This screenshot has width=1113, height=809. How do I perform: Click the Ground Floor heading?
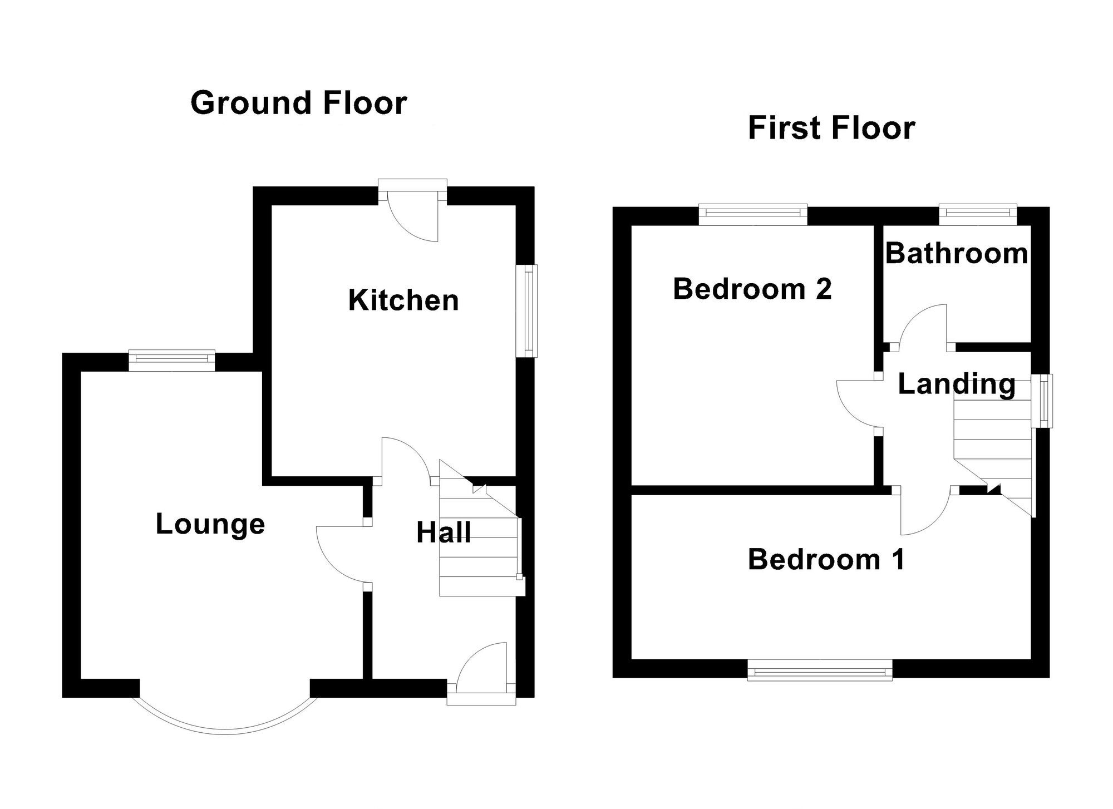tap(299, 103)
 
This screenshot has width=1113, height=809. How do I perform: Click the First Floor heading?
tap(831, 128)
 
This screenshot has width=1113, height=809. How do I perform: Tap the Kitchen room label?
tap(403, 300)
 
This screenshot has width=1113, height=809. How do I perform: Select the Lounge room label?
tap(210, 524)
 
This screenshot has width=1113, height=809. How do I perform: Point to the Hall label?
tap(444, 533)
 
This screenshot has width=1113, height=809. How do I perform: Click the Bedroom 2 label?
tap(752, 289)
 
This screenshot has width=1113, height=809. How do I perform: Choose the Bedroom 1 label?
tap(826, 560)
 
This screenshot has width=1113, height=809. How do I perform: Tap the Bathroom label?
tap(956, 254)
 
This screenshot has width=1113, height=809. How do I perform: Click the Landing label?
tap(957, 384)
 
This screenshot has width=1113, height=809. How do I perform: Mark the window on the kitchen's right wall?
tap(526, 310)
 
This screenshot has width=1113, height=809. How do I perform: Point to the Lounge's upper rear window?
tap(171, 360)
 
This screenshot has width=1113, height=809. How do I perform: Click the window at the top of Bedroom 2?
tap(752, 215)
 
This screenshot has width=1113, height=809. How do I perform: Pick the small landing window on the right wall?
tap(1042, 401)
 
